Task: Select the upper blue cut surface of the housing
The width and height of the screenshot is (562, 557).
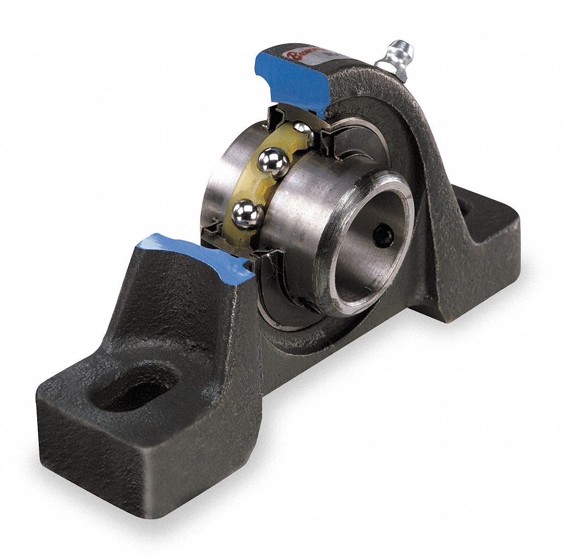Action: tap(292, 81)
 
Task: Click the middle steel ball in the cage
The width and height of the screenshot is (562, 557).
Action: tap(273, 162)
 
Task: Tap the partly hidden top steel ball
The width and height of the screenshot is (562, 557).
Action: tap(302, 129)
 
